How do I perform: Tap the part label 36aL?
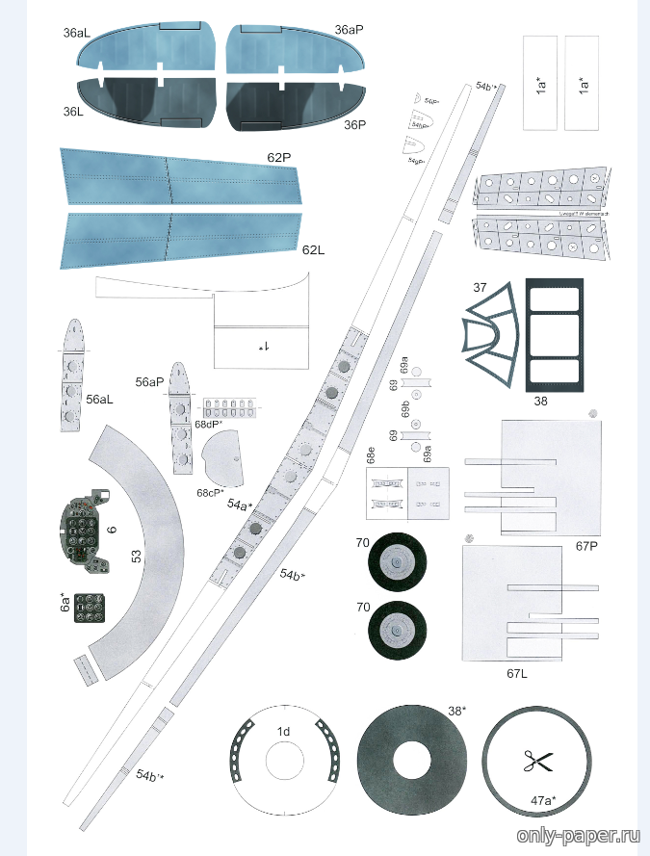point(77,33)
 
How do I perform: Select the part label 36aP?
point(349,30)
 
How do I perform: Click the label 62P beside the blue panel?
point(279,156)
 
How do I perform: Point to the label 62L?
point(313,250)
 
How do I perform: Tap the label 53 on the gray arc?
point(137,556)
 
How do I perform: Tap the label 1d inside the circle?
point(283,732)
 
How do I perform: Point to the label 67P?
point(587,547)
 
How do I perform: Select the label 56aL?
point(100,399)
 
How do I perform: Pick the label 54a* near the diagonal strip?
point(240,504)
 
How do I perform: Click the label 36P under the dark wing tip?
point(355,124)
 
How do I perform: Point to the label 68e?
point(371,454)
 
